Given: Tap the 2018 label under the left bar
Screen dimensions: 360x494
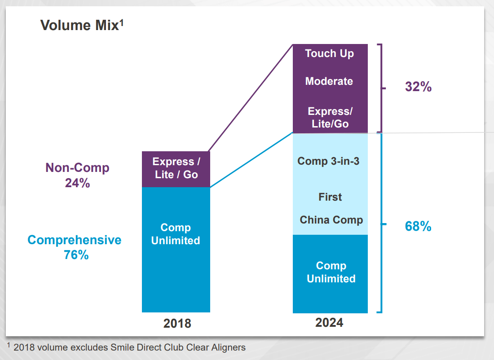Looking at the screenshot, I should tap(176, 323).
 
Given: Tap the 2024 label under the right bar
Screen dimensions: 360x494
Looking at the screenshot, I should tap(330, 322).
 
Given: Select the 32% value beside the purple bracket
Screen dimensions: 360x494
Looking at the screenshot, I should tap(418, 87).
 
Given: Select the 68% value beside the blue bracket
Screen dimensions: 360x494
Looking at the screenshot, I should tap(418, 227).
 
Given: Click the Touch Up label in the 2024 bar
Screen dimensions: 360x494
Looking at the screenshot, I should tap(330, 53).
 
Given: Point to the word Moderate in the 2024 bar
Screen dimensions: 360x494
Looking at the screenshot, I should tap(329, 81).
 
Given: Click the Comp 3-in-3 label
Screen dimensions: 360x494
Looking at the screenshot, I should tap(328, 161).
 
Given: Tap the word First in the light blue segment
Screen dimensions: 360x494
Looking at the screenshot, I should tap(330, 197).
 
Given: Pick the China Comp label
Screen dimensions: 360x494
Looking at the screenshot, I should tap(331, 220).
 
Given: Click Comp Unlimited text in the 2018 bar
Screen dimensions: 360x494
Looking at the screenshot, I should tap(176, 234).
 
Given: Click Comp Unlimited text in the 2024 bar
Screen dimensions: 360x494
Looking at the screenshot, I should tap(331, 272).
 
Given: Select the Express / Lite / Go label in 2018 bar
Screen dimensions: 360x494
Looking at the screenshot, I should tap(176, 168).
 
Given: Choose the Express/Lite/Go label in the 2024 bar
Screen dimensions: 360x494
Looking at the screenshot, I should tap(330, 118).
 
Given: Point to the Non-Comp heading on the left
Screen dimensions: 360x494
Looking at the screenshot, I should tap(77, 168).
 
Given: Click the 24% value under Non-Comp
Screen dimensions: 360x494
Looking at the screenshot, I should tap(77, 183).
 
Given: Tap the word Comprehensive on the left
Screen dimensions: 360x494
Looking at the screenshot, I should tap(75, 240).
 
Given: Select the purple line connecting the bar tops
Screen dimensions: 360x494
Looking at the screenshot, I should tap(251, 98).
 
